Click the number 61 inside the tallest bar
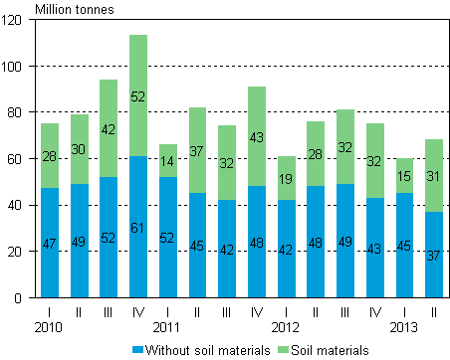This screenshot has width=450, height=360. [x=138, y=228]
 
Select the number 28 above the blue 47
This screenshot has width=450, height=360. [x=50, y=155]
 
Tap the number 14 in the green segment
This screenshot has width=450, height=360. [x=168, y=160]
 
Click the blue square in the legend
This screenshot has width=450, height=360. [x=138, y=349]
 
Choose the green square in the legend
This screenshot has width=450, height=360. [x=283, y=349]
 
